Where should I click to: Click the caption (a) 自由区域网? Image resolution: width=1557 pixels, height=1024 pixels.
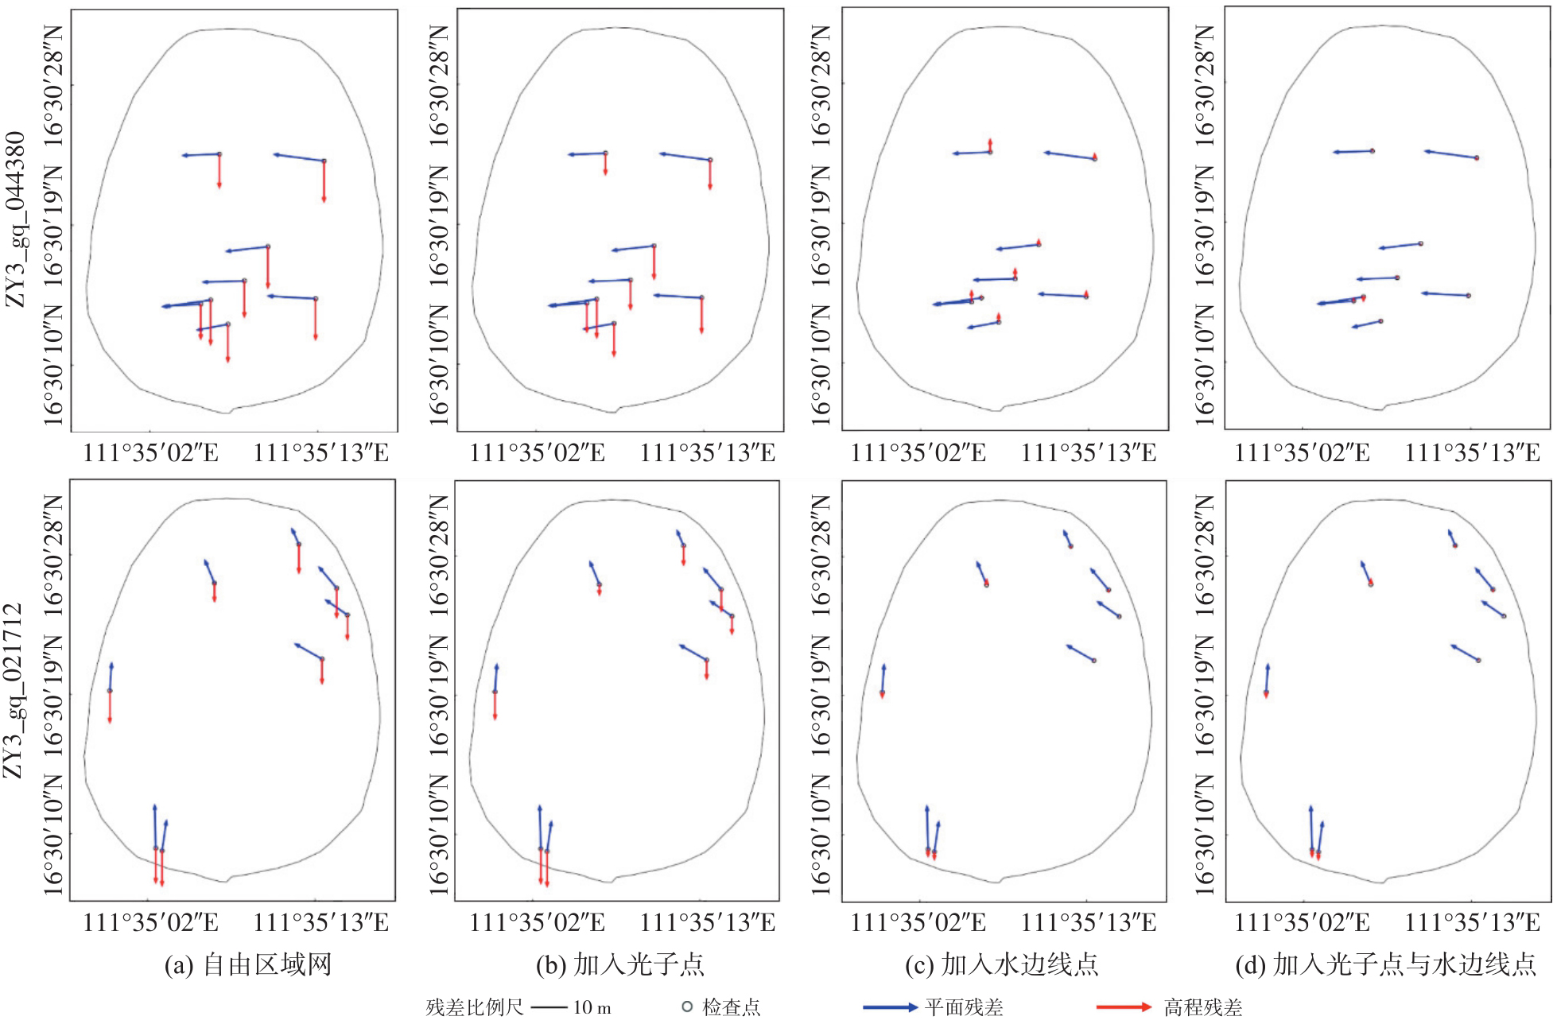(x=247, y=965)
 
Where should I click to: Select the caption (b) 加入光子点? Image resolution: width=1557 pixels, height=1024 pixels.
(x=620, y=965)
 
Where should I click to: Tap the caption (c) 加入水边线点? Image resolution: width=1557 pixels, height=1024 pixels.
(x=1002, y=965)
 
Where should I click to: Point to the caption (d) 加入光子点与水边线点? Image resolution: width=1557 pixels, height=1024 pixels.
(x=1386, y=965)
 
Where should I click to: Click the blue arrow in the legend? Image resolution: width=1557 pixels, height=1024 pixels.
(x=891, y=1007)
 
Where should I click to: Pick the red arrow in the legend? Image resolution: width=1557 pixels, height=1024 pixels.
(x=1124, y=1007)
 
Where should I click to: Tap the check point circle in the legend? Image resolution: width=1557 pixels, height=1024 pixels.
(x=687, y=1007)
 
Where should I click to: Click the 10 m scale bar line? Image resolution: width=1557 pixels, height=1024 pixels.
(x=549, y=1007)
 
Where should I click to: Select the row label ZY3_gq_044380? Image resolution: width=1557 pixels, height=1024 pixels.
(x=16, y=220)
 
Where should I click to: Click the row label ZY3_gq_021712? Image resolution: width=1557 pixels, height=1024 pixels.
(x=14, y=691)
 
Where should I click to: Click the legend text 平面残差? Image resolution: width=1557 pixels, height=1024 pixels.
(x=964, y=1007)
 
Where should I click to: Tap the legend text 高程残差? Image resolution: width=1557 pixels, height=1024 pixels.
(x=1203, y=1007)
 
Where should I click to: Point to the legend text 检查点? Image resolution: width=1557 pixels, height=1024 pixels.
(x=732, y=1007)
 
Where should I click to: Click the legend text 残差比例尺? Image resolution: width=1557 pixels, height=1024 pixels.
(x=475, y=1007)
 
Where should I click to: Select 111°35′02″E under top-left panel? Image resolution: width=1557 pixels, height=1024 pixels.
(x=151, y=453)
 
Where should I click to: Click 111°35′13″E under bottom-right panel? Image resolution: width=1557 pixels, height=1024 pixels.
(x=1473, y=922)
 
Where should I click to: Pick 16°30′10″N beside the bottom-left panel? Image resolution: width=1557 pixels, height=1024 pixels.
(x=52, y=835)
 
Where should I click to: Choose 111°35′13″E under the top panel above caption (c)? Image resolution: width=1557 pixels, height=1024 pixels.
(x=1089, y=453)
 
